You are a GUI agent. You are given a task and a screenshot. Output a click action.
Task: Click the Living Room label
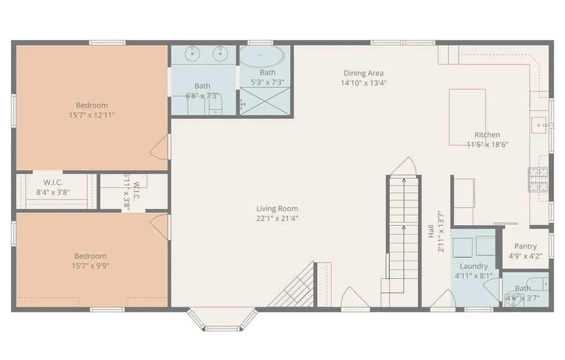277,209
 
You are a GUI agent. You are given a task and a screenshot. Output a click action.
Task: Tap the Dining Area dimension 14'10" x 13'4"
364,83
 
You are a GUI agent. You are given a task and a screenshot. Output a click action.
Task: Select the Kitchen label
487,135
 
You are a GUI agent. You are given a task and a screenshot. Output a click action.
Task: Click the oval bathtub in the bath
262,56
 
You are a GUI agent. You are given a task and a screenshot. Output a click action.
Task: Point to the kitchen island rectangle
467,117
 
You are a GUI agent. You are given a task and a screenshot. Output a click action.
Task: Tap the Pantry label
525,246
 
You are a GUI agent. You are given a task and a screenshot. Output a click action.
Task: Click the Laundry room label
473,266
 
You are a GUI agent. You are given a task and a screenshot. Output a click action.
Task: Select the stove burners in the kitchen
539,179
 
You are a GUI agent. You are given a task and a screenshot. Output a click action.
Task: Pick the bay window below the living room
222,319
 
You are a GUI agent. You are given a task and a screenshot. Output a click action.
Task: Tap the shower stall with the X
265,102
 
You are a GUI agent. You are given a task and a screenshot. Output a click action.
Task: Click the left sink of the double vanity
193,54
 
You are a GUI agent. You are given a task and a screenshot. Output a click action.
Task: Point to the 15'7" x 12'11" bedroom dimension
92,115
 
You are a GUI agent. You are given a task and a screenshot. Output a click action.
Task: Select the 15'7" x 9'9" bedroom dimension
90,266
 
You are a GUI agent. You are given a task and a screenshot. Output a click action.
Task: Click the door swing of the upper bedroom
159,147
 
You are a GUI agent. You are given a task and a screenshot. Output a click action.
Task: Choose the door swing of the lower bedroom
159,227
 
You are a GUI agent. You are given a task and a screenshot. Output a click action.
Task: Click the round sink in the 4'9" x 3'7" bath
513,299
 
